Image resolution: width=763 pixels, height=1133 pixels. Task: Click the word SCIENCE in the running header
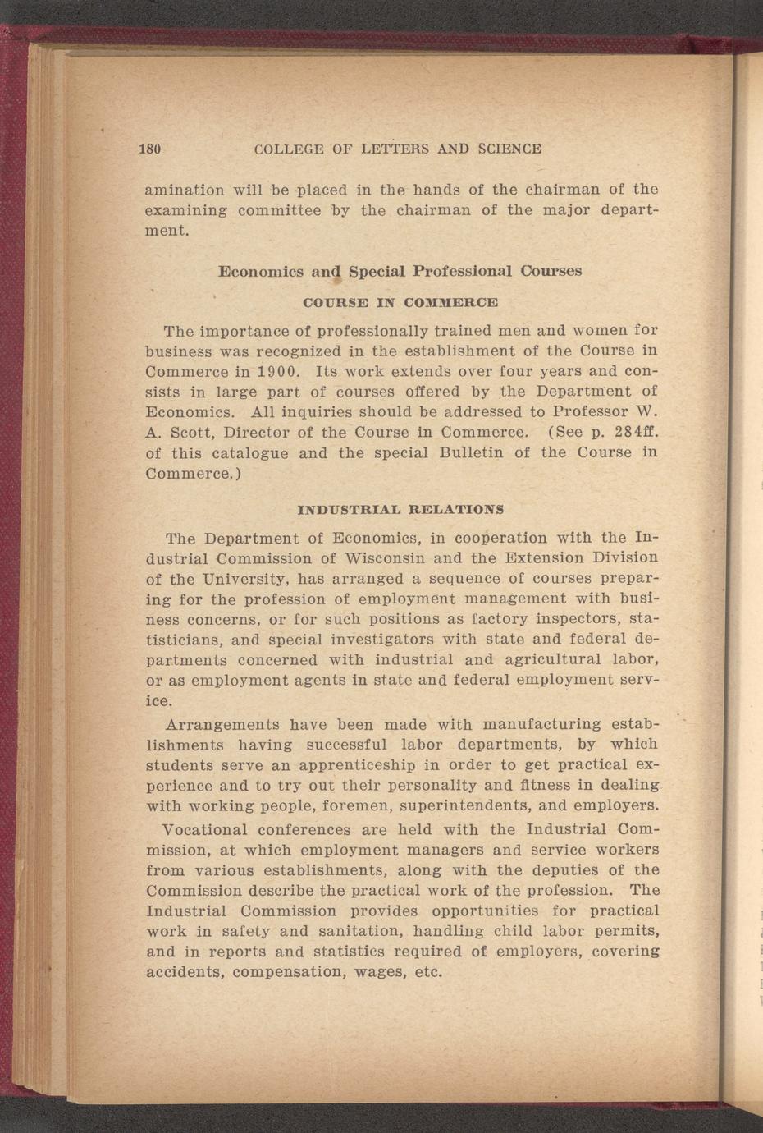click(510, 149)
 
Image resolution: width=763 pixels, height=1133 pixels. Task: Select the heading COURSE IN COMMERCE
click(400, 302)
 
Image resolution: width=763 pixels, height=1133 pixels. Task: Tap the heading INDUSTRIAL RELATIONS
click(400, 510)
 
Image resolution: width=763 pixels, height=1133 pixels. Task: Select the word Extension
click(564, 559)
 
